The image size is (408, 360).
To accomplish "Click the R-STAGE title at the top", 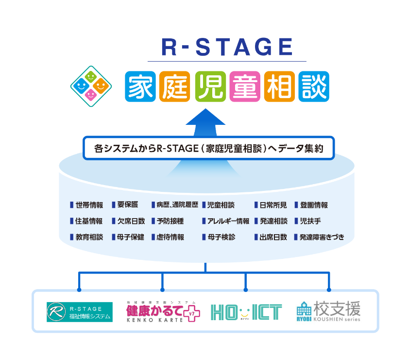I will (x=227, y=47).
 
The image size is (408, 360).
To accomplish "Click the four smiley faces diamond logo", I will (x=91, y=86).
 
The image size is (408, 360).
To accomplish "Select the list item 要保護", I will (x=125, y=205).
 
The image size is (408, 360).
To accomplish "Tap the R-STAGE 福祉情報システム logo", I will (x=80, y=312).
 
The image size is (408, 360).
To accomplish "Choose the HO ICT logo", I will (x=246, y=312).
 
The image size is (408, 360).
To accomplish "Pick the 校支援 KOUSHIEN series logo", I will (x=328, y=311).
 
